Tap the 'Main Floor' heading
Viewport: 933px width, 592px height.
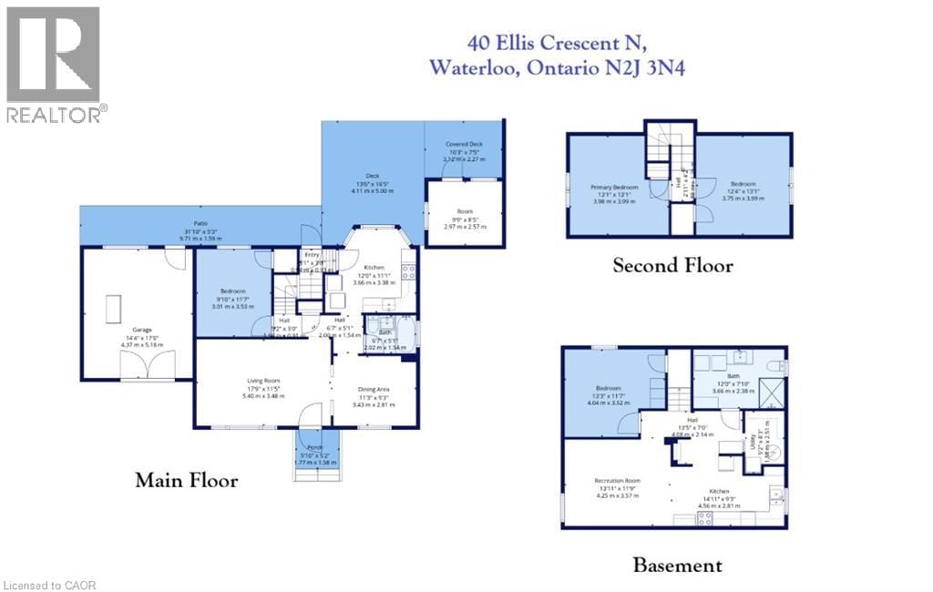(x=187, y=480)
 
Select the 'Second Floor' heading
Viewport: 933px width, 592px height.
(x=672, y=266)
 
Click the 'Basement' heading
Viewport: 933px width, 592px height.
(x=677, y=566)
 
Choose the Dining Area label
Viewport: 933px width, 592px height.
(x=374, y=389)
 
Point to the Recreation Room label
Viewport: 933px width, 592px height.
(x=617, y=480)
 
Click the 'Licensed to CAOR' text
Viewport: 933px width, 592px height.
(x=50, y=584)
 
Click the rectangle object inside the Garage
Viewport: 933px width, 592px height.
(x=114, y=309)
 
